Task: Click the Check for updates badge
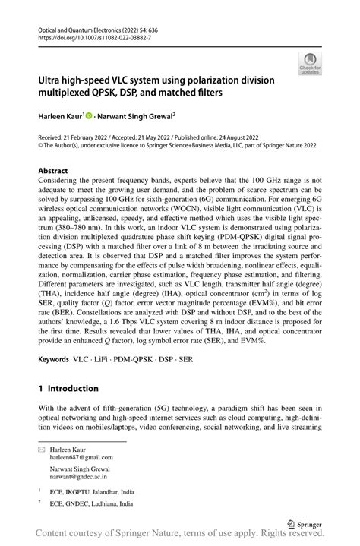(310, 63)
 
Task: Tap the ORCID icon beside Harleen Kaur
(90, 116)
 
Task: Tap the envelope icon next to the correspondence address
(43, 450)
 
